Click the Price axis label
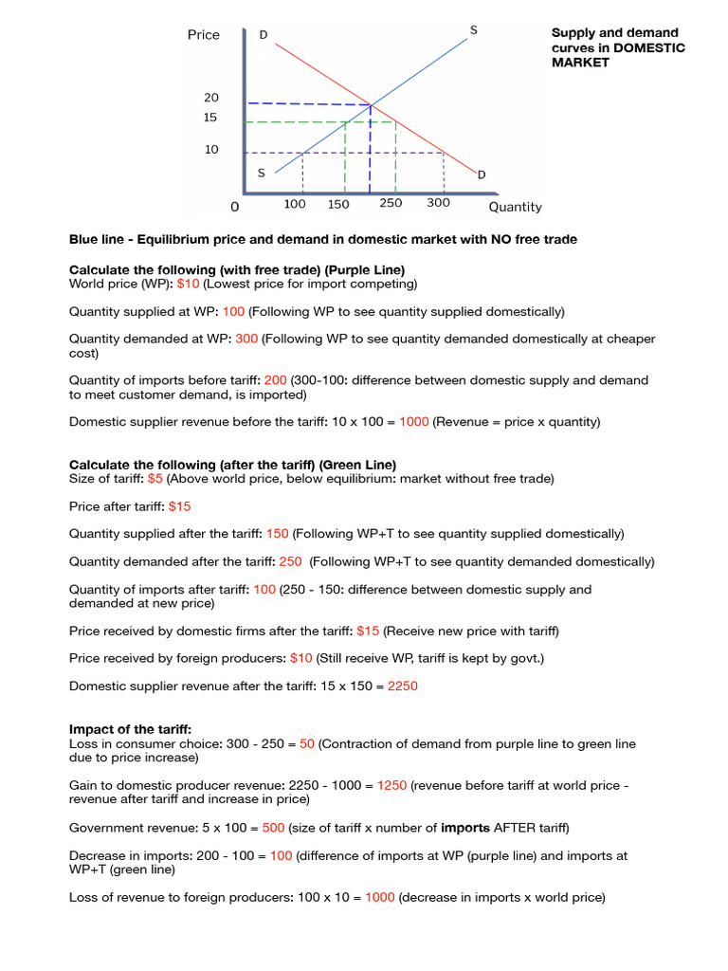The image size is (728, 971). (203, 35)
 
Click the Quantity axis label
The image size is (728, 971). (515, 207)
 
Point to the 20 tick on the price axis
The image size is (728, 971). (209, 98)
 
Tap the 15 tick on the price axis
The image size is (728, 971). (209, 118)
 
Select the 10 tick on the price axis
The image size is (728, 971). (209, 150)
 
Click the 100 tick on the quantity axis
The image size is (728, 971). (295, 204)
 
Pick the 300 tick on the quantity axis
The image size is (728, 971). (438, 203)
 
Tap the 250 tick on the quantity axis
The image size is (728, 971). (391, 203)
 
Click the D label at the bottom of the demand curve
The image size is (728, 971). (481, 174)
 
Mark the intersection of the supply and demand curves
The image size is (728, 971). (370, 104)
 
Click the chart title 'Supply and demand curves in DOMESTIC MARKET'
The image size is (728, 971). (618, 47)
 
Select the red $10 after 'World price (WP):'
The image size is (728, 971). (189, 284)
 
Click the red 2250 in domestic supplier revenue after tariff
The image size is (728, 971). (402, 686)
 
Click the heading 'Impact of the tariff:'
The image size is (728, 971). (130, 729)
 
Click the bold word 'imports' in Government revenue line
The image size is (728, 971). (465, 828)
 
